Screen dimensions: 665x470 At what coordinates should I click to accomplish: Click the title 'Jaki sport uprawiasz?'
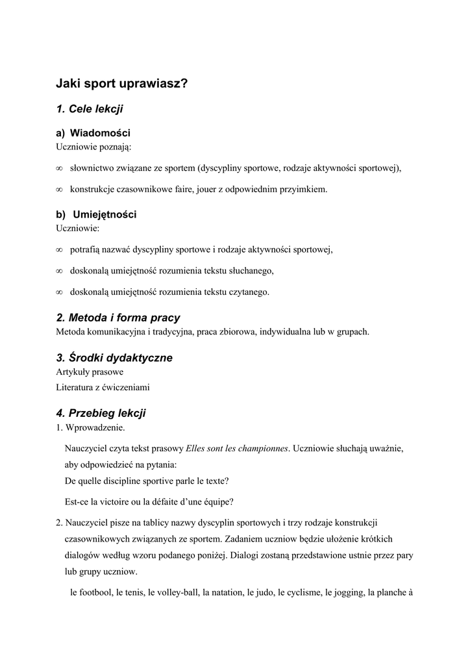[x=121, y=84]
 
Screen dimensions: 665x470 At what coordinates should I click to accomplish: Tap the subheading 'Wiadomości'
[x=100, y=133]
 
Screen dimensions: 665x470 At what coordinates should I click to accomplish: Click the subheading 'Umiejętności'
[x=105, y=214]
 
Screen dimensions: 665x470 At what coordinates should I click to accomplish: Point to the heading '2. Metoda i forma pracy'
[x=118, y=318]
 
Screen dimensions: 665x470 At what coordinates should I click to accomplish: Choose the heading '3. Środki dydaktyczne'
[x=114, y=358]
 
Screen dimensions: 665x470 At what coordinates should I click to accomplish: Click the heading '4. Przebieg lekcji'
[x=101, y=412]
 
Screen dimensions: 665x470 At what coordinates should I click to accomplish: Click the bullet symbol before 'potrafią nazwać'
[x=59, y=249]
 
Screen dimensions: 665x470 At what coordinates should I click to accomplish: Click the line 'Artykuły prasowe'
[x=90, y=372]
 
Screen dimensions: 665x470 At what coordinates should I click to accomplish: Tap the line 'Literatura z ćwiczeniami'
[x=103, y=387]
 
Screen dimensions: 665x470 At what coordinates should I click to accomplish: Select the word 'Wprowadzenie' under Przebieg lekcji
[x=95, y=427]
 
